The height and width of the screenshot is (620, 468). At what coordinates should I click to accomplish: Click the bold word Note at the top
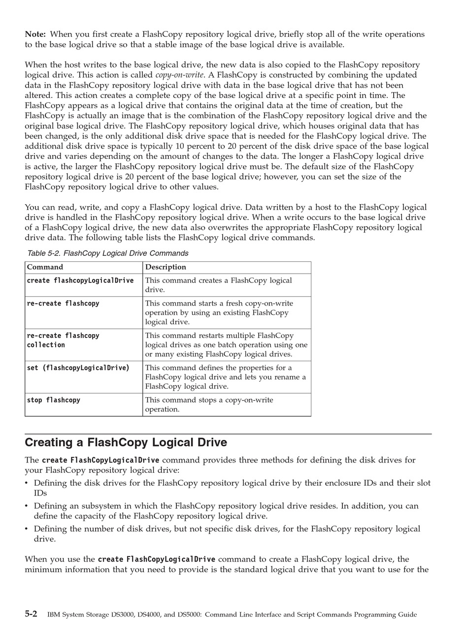click(x=35, y=34)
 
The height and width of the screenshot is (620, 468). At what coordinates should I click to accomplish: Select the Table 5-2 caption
click(x=107, y=253)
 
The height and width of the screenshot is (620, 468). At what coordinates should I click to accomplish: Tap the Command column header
click(x=45, y=267)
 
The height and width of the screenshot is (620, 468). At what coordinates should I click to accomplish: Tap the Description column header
click(x=166, y=267)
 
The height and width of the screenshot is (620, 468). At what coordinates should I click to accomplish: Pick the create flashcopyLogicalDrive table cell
click(x=80, y=280)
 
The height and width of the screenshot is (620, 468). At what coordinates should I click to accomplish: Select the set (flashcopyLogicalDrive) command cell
click(x=78, y=368)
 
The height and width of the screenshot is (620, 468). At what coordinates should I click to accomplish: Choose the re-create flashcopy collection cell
click(x=63, y=340)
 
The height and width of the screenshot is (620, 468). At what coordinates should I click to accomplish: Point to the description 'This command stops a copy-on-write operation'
click(x=209, y=404)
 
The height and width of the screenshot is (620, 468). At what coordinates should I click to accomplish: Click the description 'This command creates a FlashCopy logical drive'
click(x=218, y=285)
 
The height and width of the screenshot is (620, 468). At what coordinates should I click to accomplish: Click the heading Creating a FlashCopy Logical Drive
click(x=126, y=442)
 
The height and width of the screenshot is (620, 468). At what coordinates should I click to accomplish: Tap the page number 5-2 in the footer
click(x=31, y=614)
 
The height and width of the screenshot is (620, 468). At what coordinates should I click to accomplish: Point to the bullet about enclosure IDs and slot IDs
click(x=232, y=488)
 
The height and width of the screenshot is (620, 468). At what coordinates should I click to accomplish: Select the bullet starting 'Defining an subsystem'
click(x=226, y=511)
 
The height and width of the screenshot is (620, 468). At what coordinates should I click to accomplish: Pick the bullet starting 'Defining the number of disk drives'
click(x=227, y=533)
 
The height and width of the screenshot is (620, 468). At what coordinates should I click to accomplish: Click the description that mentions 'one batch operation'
click(x=226, y=344)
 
